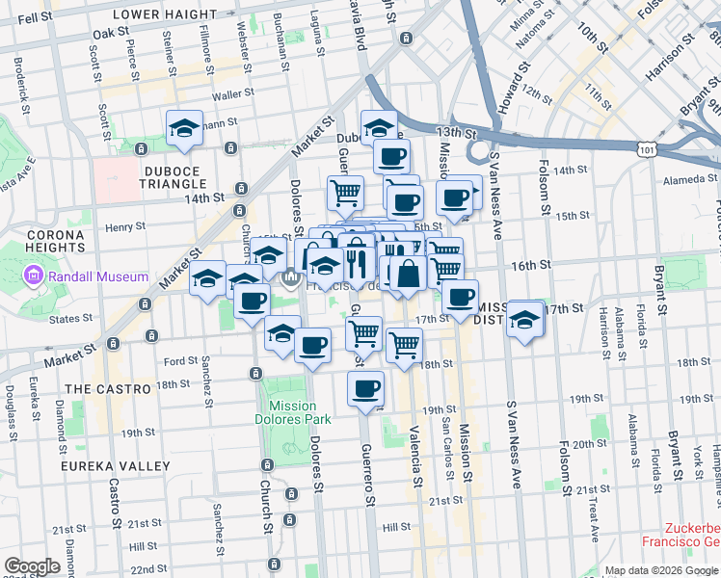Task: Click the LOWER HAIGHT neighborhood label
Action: coord(165,14)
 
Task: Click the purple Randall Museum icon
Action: coord(35,277)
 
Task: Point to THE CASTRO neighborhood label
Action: coord(107,389)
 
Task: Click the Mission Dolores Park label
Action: coord(299,412)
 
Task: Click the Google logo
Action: coord(33,565)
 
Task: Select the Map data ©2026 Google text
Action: coord(661,570)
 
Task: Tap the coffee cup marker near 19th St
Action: coord(365,389)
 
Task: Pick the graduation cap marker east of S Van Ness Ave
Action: coord(525,319)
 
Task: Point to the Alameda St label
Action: coord(684,180)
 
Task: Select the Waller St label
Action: coord(232,94)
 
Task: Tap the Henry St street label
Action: coord(125,227)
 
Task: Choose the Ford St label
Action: coord(181,362)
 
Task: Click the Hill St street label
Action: coord(396,527)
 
